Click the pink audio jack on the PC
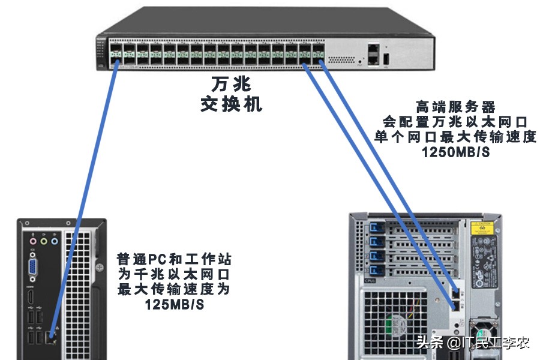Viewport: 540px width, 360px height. tap(33, 241)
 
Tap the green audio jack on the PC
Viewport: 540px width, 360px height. tap(44, 241)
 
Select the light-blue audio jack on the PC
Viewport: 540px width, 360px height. tap(55, 241)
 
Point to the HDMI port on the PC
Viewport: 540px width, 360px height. tap(31, 298)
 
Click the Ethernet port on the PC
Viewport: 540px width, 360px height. tap(52, 336)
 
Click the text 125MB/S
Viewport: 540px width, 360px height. tap(174, 305)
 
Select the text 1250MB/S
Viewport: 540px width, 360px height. tap(455, 152)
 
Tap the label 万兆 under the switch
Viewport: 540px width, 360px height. tap(232, 84)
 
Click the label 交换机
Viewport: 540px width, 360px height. tap(232, 104)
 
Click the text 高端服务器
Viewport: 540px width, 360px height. tap(455, 107)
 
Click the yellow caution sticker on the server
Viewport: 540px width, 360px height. tap(482, 228)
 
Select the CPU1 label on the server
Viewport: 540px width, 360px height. tap(370, 281)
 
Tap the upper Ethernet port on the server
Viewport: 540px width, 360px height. tap(455, 293)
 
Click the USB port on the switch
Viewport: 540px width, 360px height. tap(386, 59)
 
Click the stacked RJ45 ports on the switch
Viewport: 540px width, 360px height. tap(374, 54)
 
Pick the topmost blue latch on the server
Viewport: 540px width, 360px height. tap(376, 228)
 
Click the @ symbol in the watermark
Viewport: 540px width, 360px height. tap(454, 343)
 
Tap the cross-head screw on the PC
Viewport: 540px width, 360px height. tap(100, 268)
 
